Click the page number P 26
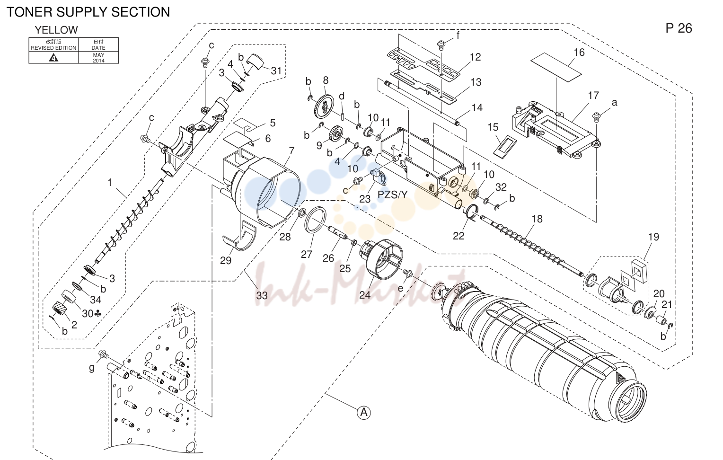pyautogui.click(x=679, y=28)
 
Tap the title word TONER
pyautogui.click(x=29, y=12)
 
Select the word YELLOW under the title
pyautogui.click(x=56, y=30)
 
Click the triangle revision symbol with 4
pyautogui.click(x=53, y=58)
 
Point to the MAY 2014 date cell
pyautogui.click(x=98, y=57)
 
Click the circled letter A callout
pyautogui.click(x=364, y=413)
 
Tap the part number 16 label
pyautogui.click(x=579, y=53)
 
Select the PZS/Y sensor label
pyautogui.click(x=392, y=195)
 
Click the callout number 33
pyautogui.click(x=262, y=295)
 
